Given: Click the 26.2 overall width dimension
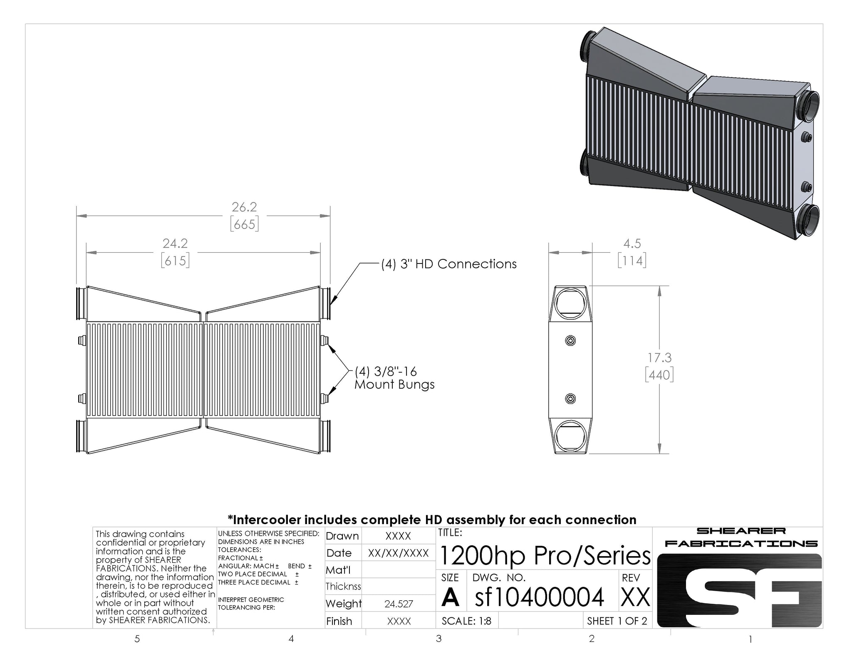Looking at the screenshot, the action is (244, 207).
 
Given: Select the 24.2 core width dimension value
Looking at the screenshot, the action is (175, 243).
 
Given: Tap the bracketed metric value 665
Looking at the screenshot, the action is (244, 224).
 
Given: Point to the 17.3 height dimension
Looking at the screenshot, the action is (659, 358).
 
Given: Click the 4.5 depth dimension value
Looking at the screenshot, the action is (632, 243).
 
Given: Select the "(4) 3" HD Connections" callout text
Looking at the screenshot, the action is (449, 264).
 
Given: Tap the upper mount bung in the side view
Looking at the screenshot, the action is (570, 341).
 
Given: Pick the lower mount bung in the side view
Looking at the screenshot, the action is (570, 399).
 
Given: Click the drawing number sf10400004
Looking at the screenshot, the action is (539, 597).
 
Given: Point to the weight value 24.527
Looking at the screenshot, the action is (399, 604).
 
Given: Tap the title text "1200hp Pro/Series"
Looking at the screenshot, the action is (545, 555).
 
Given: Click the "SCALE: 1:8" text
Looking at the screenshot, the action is (466, 621).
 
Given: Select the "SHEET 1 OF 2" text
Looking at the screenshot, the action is (617, 621).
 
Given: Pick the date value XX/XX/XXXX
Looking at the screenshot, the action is (399, 553).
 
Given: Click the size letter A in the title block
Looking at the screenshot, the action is (450, 598).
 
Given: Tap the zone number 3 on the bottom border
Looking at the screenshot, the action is (438, 638).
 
